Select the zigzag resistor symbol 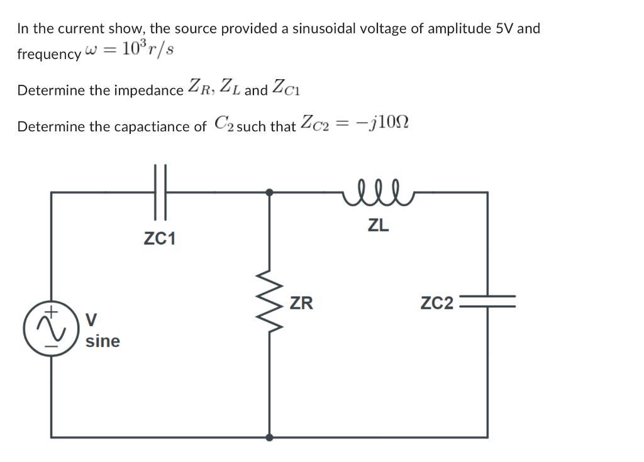(270, 304)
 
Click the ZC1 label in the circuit (160, 239)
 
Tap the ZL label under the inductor (378, 226)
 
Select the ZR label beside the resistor (301, 304)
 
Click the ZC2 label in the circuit (436, 304)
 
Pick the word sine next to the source (103, 341)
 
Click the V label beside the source (91, 320)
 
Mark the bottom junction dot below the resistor (270, 437)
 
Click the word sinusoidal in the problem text (326, 28)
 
